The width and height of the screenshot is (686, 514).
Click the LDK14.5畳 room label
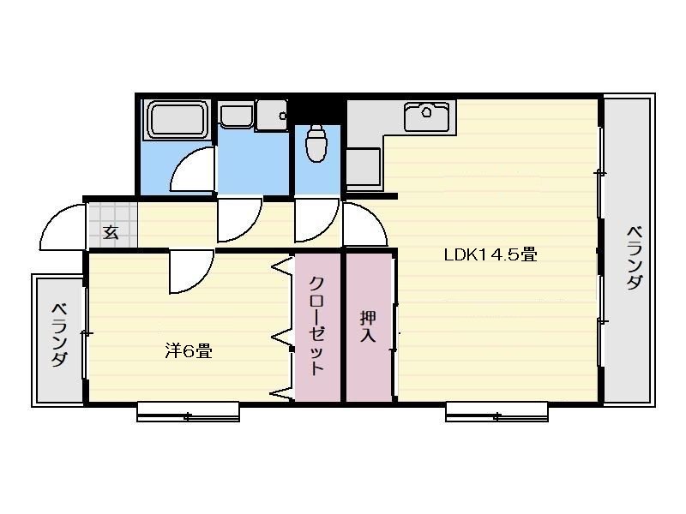point(490,254)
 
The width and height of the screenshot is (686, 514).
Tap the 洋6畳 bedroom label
point(189,350)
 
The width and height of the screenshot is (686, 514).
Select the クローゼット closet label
point(316,326)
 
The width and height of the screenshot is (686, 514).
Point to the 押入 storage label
point(368,326)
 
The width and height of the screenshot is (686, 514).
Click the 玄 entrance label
point(111,231)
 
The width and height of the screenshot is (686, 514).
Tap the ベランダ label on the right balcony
point(635,258)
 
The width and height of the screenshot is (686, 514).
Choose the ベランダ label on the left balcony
point(60,335)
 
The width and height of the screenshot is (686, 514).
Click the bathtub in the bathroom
point(178,119)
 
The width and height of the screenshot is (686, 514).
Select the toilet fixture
point(316,143)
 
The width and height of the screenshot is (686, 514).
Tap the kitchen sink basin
point(426,117)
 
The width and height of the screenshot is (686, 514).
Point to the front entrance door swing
point(62,226)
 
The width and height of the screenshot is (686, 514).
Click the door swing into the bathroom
point(192,170)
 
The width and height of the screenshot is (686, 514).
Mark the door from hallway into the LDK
point(364,224)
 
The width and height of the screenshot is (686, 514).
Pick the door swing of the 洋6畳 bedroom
point(191,271)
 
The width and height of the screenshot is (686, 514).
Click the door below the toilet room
point(316,220)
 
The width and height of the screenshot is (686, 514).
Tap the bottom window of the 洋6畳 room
point(189,412)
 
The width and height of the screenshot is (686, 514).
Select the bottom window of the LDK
point(497,412)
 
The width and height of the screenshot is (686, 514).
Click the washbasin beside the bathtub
point(237,116)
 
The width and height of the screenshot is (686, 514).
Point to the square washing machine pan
point(272,116)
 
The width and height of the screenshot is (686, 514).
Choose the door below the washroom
point(239,220)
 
